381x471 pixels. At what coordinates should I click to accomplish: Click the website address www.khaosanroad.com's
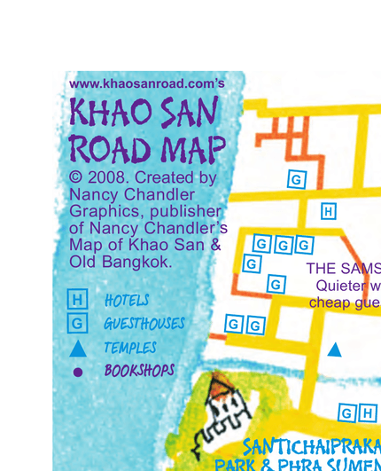[146, 83]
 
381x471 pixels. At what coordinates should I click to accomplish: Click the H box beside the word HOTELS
[78, 301]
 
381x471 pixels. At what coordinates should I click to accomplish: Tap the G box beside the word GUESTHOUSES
[78, 324]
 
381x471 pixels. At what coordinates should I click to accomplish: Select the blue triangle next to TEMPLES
[78, 348]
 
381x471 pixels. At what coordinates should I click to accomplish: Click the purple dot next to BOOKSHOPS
[78, 372]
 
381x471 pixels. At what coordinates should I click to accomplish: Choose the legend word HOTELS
[127, 302]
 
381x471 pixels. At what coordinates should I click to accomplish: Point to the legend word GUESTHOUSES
[144, 325]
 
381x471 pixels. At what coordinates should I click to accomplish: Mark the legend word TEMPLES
[129, 349]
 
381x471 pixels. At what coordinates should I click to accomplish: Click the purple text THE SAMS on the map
[343, 268]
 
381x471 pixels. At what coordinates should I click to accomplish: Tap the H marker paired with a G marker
[368, 413]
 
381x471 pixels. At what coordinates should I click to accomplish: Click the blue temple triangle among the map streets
[334, 349]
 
